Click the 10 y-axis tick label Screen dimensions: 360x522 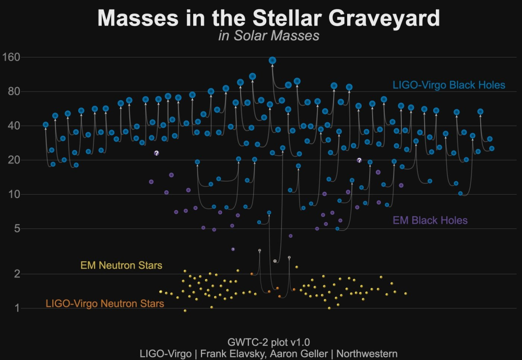click(x=13, y=194)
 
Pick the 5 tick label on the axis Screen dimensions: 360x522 click(x=16, y=228)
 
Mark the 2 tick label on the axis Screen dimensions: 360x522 click(x=16, y=274)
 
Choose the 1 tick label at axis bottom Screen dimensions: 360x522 click(x=16, y=308)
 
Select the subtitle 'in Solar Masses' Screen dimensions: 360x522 click(x=269, y=36)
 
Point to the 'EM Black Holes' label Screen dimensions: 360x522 click(x=430, y=220)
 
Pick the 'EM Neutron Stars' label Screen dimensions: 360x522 click(x=121, y=266)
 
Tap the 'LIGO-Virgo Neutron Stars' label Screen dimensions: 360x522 click(x=105, y=303)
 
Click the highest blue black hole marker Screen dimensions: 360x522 click(x=272, y=61)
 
